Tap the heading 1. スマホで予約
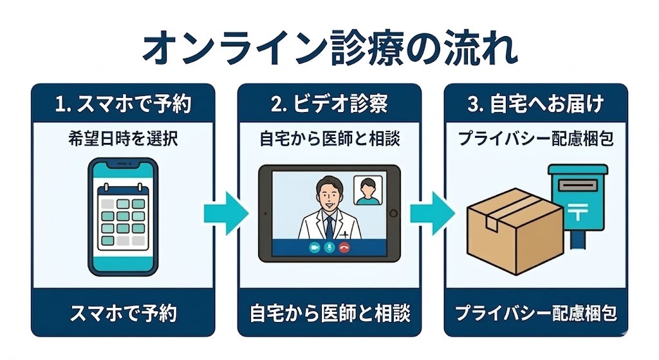coord(123,105)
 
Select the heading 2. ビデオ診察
coord(329,105)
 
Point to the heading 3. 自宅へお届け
coord(535,105)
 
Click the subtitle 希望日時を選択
coord(123,138)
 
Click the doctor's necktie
coord(329,227)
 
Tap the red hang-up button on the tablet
coord(344,247)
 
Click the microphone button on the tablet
coord(329,247)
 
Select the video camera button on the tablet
coord(315,247)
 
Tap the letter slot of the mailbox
coord(576,185)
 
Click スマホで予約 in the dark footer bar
coord(123,314)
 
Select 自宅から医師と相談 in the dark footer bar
coord(329,314)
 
